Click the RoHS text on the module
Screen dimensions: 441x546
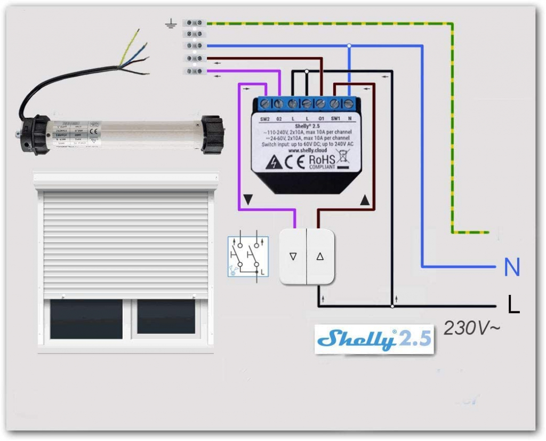323,158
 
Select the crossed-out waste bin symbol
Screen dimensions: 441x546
342,159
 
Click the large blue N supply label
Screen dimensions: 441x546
512,267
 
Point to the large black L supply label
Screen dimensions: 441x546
513,305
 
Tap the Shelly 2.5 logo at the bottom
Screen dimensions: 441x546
374,339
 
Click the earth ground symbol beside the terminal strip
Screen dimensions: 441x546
171,23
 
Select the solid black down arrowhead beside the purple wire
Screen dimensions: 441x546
247,200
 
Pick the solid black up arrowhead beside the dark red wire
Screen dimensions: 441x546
365,200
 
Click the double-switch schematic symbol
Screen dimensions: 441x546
248,256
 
